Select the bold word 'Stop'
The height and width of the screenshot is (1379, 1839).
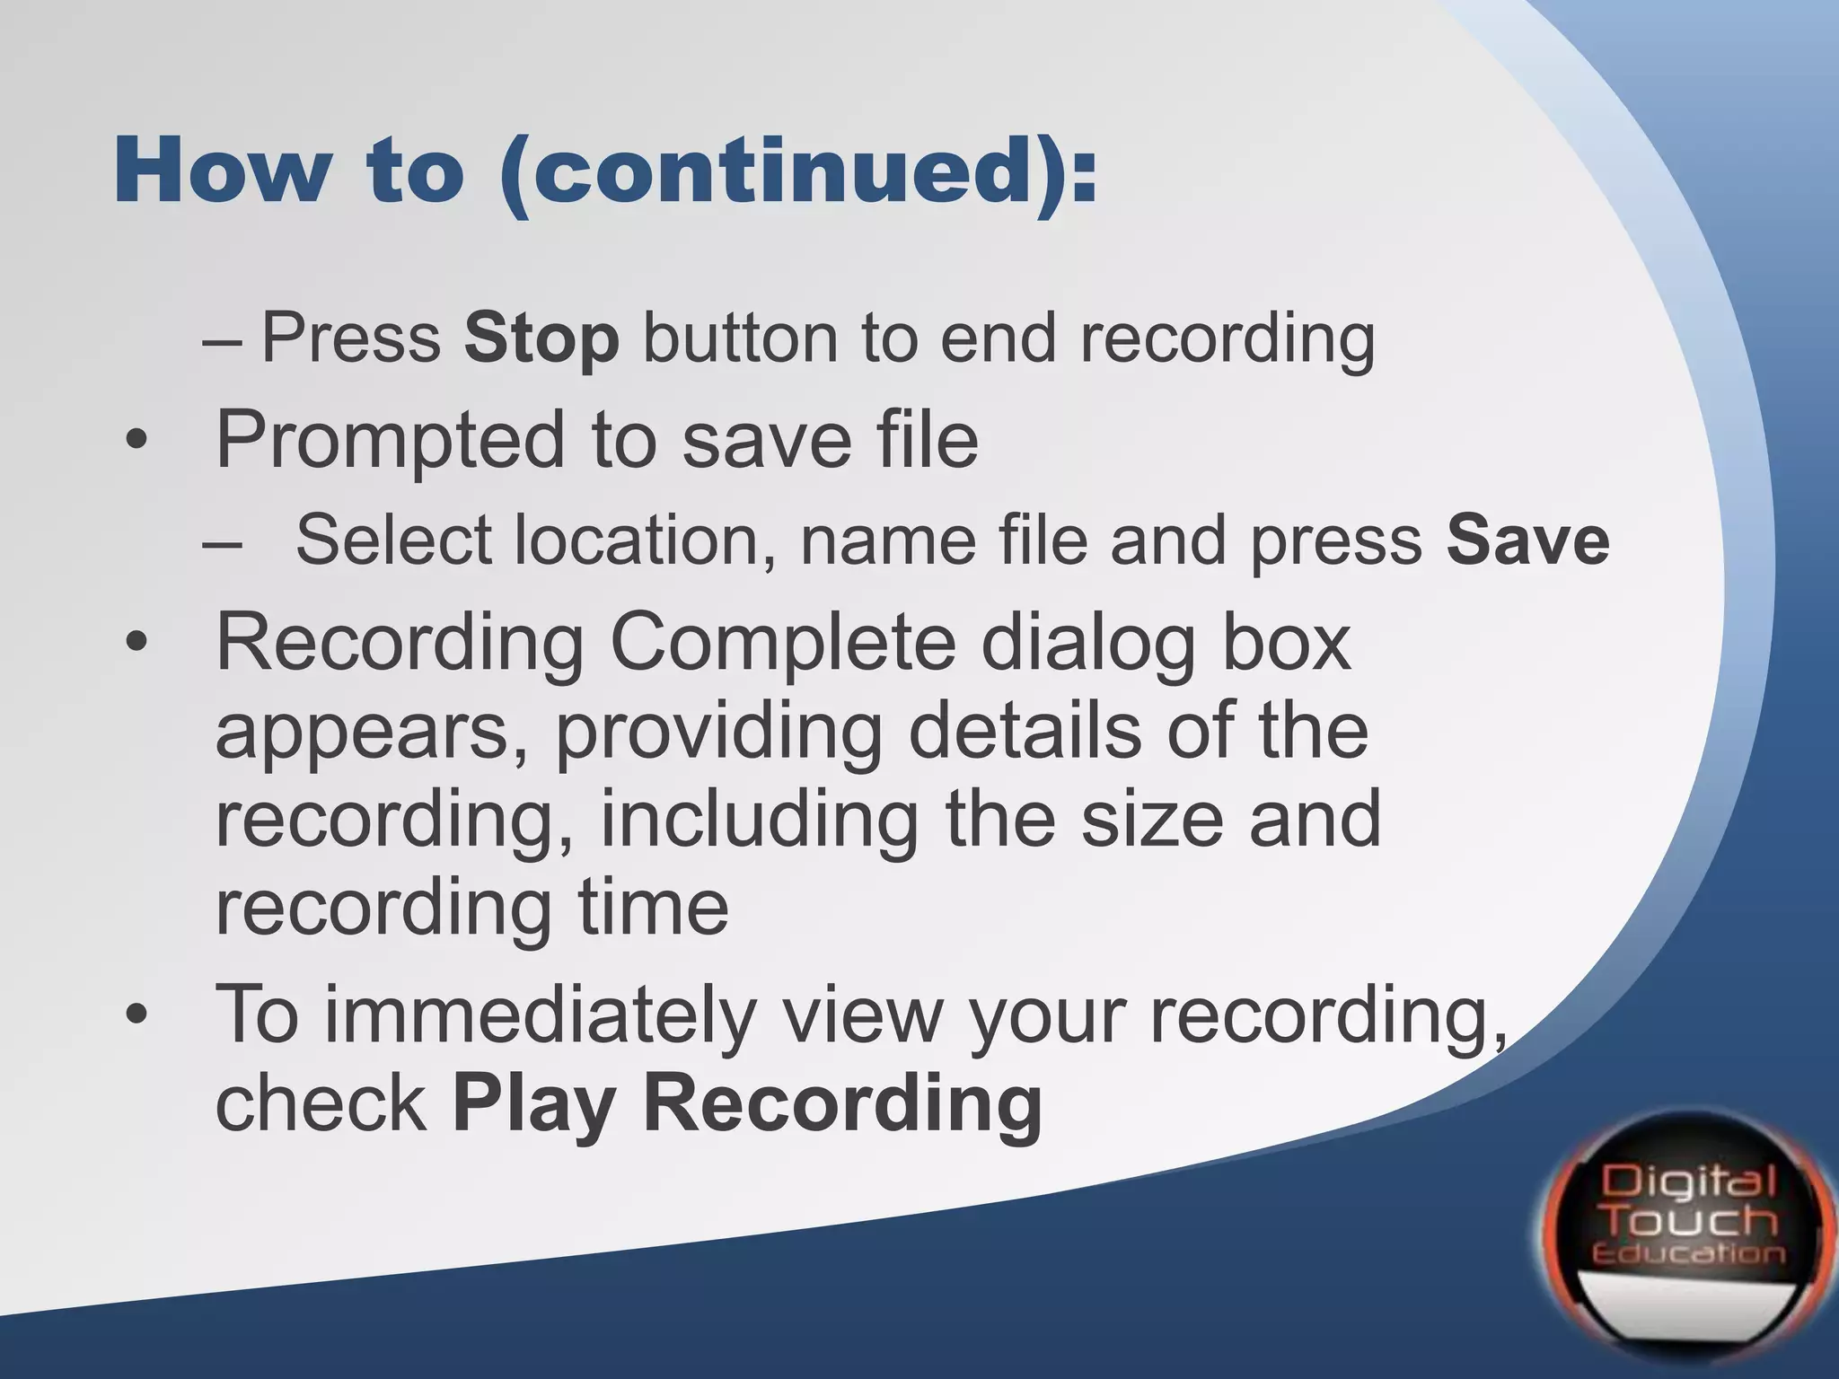[x=541, y=338]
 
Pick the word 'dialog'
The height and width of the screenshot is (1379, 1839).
[x=1088, y=646]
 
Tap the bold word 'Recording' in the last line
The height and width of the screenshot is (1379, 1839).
[x=843, y=1106]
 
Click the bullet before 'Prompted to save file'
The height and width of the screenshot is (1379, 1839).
[x=136, y=442]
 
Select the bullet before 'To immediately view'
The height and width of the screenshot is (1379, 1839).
[x=136, y=1014]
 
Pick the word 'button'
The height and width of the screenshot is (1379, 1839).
[x=740, y=338]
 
